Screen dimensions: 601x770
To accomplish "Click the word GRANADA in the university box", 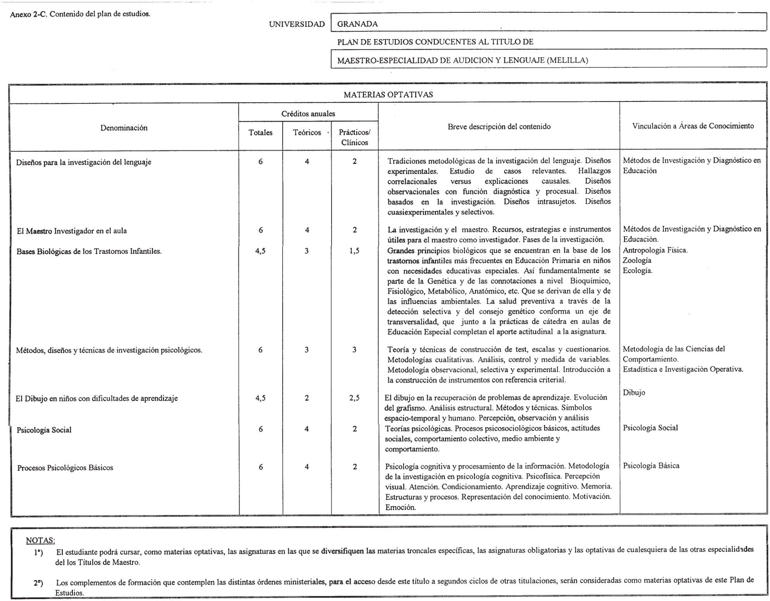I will (357, 24).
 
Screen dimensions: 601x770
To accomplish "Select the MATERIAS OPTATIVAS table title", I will (388, 95).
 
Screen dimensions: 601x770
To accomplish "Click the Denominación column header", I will (124, 128).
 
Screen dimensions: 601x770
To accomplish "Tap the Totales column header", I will (261, 133).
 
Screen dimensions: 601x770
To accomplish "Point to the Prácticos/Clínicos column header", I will (354, 137).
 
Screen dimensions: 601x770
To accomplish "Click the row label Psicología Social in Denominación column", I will (44, 430).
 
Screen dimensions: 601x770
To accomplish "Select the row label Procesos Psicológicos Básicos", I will (65, 468).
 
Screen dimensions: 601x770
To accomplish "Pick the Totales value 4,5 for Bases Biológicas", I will (261, 251).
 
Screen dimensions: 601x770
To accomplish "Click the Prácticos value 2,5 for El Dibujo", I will (354, 398).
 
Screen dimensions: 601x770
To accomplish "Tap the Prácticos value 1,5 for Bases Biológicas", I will (354, 251).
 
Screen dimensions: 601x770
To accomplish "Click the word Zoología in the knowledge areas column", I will (637, 260).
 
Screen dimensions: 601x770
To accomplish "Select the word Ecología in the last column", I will (637, 270).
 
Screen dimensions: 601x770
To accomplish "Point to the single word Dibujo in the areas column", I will (634, 393).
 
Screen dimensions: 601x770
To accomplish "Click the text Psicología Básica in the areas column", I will (651, 466).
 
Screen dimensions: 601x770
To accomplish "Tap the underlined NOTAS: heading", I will (40, 540).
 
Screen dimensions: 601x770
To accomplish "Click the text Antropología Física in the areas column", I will (655, 250).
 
